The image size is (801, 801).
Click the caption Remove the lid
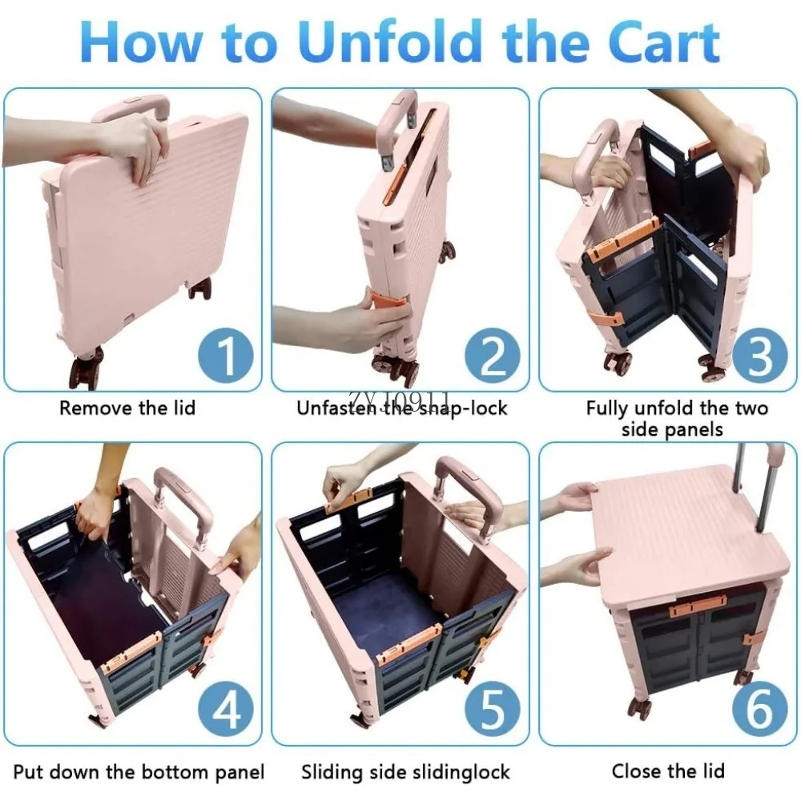pos(127,408)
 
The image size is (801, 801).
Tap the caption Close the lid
pos(668,771)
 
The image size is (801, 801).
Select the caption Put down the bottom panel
pos(139,772)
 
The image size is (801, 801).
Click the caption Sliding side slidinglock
pos(405,772)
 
